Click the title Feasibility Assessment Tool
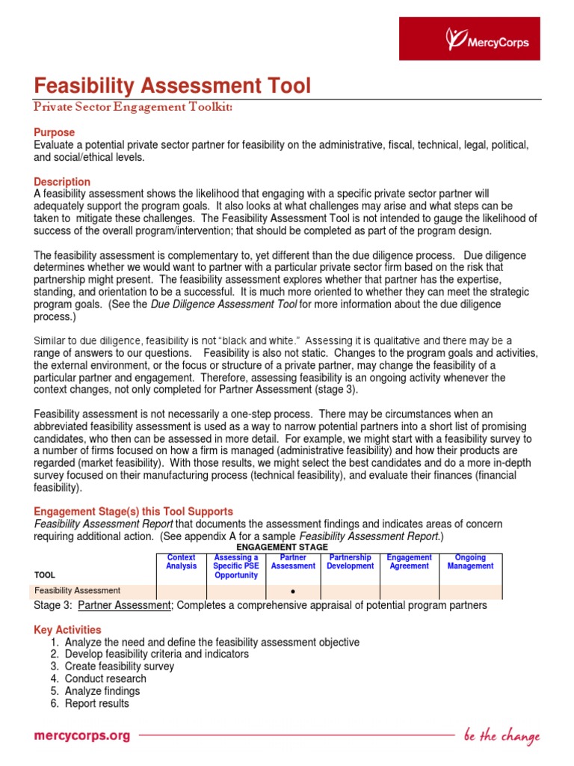coord(172,86)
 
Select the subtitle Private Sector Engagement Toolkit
coord(134,108)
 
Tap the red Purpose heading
coord(55,132)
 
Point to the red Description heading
coord(62,182)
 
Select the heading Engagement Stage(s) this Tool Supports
coord(134,512)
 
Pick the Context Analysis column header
coord(181,562)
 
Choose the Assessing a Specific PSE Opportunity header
coord(236,566)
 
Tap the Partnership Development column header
coord(351,562)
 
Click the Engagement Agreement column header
coord(410,562)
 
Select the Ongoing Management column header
coord(470,562)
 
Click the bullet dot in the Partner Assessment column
coord(293,592)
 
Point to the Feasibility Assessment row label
coord(78,591)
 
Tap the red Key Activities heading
coord(67,630)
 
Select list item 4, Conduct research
coord(105,678)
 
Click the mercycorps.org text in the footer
coord(82,735)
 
